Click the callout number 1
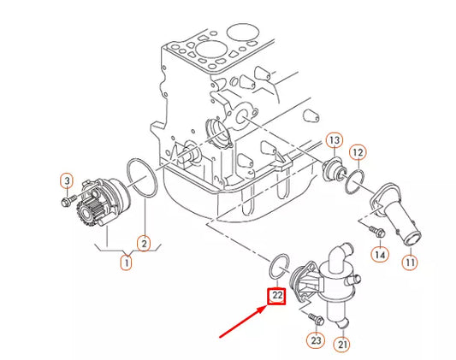[126, 263]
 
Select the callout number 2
[144, 245]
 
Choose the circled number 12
[358, 152]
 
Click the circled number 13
[334, 140]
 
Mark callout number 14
[380, 254]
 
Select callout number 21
[343, 345]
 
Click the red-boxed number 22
[277, 298]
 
